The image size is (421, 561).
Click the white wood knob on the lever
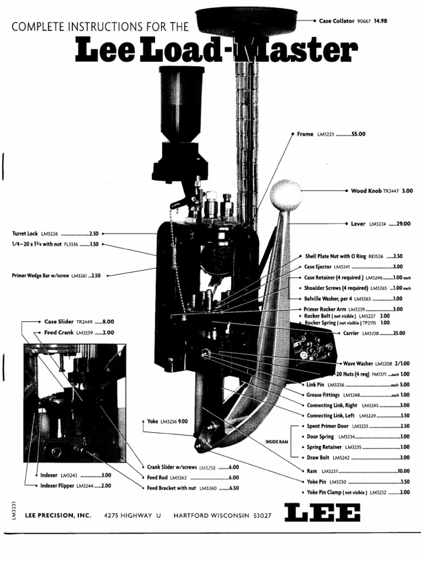point(286,194)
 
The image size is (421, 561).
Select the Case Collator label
point(337,21)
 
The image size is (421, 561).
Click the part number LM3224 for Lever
point(378,224)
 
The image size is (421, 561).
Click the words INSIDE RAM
point(277,441)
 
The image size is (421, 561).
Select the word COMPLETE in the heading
point(35,26)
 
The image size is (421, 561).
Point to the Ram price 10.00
point(403,471)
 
